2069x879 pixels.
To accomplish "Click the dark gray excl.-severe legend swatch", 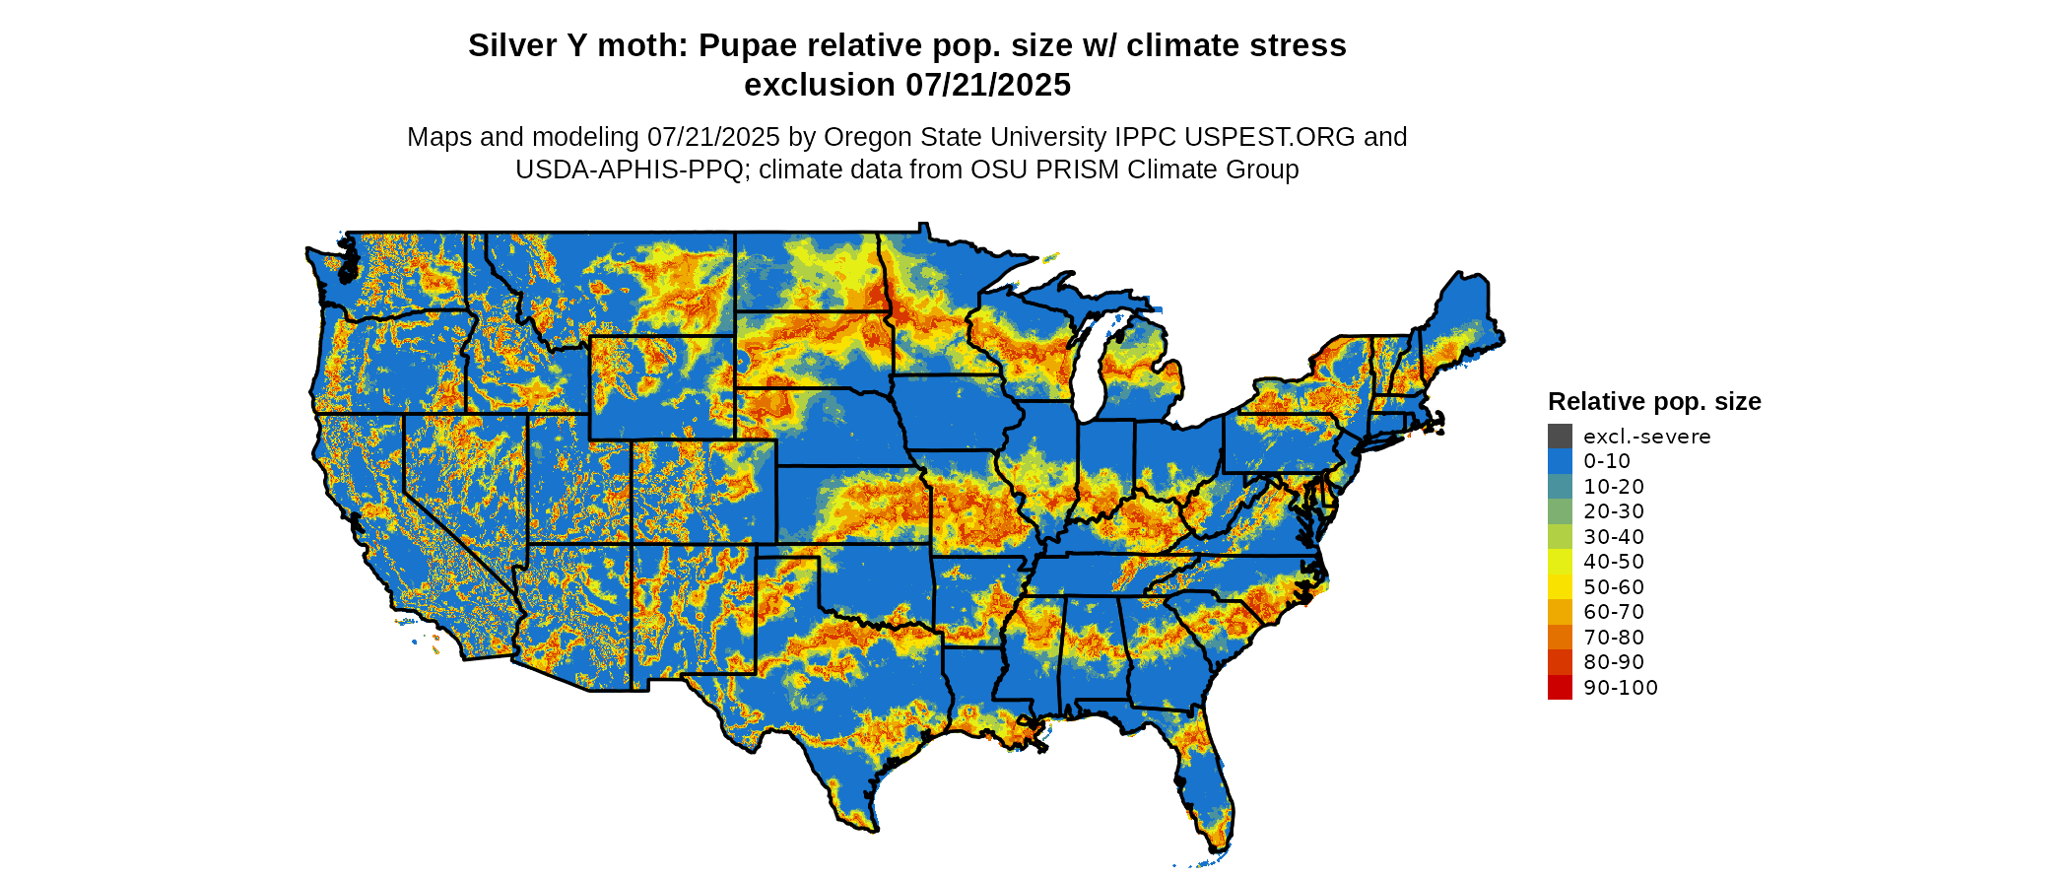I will pyautogui.click(x=1560, y=436).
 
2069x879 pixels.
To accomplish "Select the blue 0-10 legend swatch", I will pyautogui.click(x=1560, y=461).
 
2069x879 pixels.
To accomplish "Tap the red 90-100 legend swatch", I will pyautogui.click(x=1560, y=687).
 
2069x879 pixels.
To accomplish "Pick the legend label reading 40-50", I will pyautogui.click(x=1614, y=562).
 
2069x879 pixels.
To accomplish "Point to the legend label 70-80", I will pyautogui.click(x=1614, y=638).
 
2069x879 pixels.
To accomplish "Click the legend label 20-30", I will pyautogui.click(x=1614, y=511).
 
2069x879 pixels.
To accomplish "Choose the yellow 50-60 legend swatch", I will pyautogui.click(x=1560, y=586).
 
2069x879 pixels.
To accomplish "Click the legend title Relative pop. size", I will pyautogui.click(x=1654, y=401).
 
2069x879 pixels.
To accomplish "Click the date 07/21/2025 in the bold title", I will pyautogui.click(x=988, y=86).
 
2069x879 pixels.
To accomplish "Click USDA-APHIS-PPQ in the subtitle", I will pyautogui.click(x=630, y=169).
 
